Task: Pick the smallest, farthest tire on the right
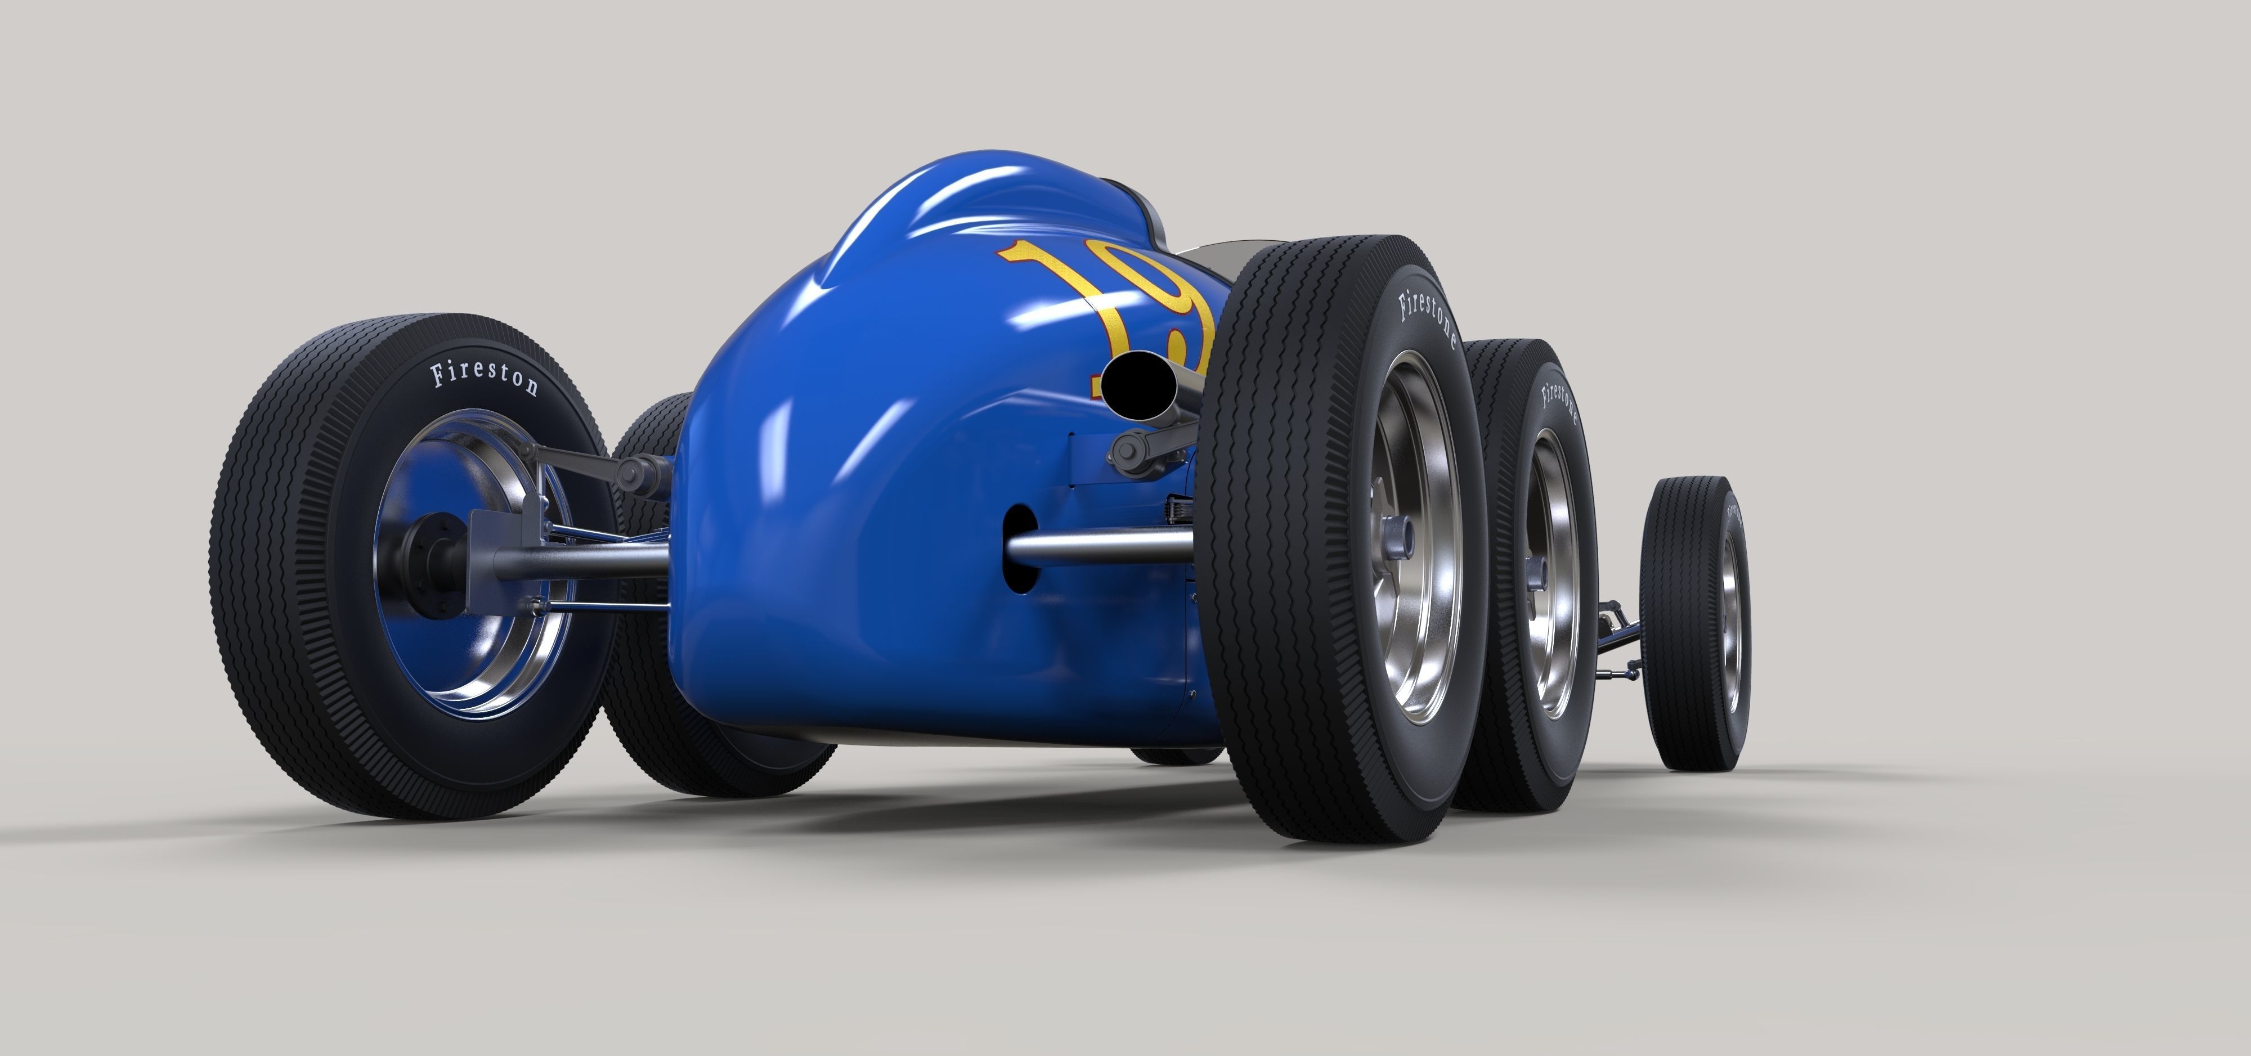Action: pyautogui.click(x=1695, y=622)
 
